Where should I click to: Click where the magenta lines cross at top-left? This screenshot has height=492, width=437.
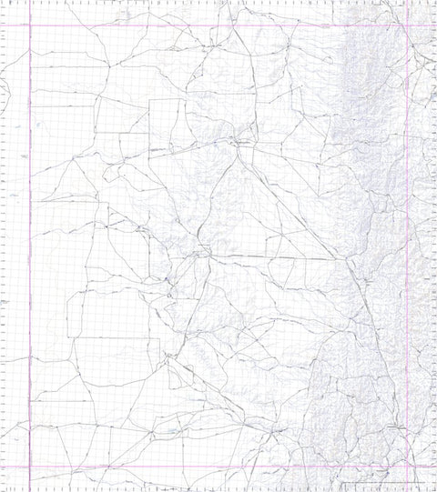click(x=30, y=25)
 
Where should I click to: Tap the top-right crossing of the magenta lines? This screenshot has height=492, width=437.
click(x=405, y=25)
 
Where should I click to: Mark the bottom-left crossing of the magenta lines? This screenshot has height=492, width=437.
click(x=30, y=467)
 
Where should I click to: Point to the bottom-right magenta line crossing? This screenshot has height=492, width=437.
click(x=405, y=467)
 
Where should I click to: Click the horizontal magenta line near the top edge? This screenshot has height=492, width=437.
click(x=218, y=25)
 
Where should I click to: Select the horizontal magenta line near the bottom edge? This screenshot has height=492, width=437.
click(x=218, y=467)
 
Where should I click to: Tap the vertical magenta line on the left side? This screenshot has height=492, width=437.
click(x=30, y=246)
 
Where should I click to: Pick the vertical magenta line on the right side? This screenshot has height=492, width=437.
click(x=405, y=246)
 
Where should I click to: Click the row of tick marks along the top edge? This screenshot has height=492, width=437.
click(x=218, y=3)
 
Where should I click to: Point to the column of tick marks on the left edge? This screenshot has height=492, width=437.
click(x=4, y=246)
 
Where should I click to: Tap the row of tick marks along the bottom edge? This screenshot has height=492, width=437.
click(x=218, y=489)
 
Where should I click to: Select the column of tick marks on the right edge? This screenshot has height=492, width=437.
click(x=433, y=246)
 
